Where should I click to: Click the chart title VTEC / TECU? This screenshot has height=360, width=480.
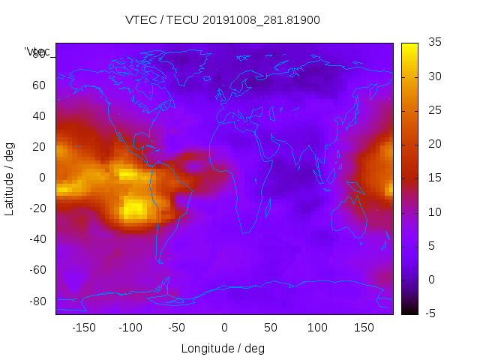tap(223, 20)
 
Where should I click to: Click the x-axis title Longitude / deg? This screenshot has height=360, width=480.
tap(223, 349)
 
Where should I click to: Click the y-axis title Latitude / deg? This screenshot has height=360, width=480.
tap(10, 178)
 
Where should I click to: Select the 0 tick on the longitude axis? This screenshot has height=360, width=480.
tap(223, 328)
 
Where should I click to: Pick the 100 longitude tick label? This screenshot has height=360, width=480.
tap(317, 328)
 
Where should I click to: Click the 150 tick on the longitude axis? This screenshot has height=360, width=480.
tap(364, 328)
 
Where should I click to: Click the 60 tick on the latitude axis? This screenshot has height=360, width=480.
tap(38, 85)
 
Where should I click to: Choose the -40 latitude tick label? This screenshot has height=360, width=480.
tap(35, 239)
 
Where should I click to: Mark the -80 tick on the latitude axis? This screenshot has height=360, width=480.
tap(35, 301)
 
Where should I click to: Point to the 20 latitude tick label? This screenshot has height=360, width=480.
tap(38, 146)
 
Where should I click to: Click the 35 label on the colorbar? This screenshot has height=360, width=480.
tap(433, 43)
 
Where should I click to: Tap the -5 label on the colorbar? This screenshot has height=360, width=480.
tap(431, 313)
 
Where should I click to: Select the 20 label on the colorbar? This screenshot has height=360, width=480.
tap(433, 144)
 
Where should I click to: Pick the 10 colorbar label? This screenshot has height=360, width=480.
tap(433, 212)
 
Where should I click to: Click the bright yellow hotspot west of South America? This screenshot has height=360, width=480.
tap(136, 207)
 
